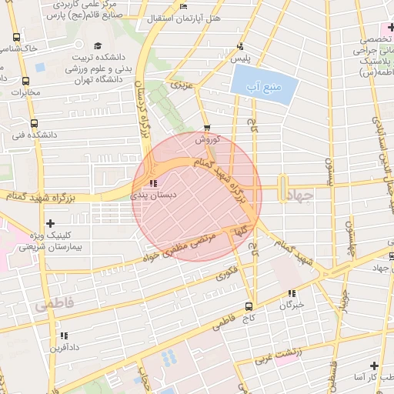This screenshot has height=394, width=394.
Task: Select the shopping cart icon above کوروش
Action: (x=206, y=128)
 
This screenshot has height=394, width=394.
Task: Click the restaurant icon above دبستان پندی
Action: (x=152, y=183)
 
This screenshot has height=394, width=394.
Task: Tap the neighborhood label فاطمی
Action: (x=55, y=305)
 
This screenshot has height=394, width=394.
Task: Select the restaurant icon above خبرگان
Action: (x=291, y=293)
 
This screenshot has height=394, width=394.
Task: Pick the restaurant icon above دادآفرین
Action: (x=64, y=336)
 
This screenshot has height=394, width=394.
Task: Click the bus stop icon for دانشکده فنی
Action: (x=32, y=123)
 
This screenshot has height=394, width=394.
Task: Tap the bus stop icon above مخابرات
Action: (x=27, y=81)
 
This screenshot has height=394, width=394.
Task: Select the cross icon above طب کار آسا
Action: (x=373, y=366)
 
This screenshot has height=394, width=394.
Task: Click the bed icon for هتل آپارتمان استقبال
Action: (x=182, y=7)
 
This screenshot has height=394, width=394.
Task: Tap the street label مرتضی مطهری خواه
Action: (x=187, y=245)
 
